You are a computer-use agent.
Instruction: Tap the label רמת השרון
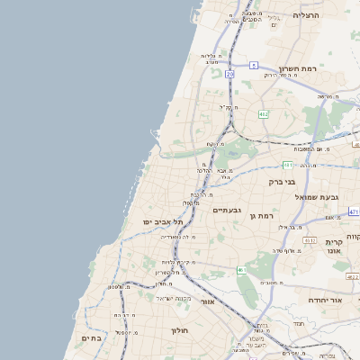[x=297, y=68]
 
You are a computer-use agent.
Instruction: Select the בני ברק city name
[x=282, y=181]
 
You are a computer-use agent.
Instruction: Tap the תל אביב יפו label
[x=162, y=221]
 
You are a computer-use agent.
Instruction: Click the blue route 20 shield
[x=230, y=74]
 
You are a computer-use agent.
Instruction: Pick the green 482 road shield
[x=263, y=114]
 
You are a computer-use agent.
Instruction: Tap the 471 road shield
[x=354, y=211]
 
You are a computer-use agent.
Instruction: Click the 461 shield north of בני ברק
[x=287, y=166]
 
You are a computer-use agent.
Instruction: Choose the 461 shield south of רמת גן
[x=241, y=270]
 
